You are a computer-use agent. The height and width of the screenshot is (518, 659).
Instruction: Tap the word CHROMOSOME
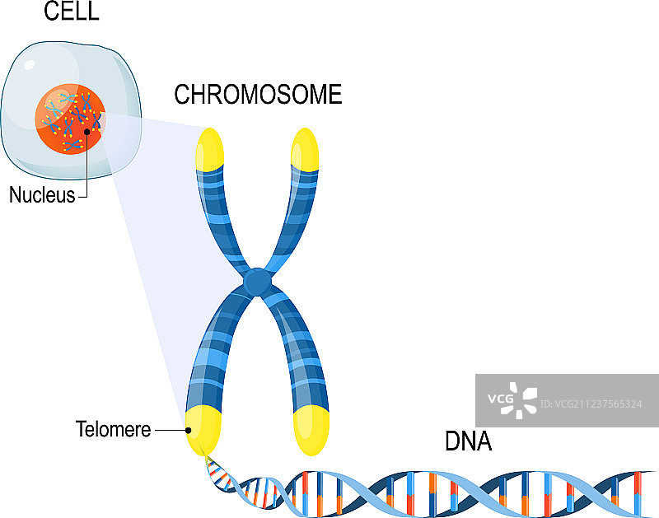tap(258, 96)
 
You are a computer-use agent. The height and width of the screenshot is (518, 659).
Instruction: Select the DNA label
tap(468, 441)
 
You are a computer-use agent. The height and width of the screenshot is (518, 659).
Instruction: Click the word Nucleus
tap(42, 195)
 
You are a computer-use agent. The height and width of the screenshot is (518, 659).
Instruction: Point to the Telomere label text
tap(113, 429)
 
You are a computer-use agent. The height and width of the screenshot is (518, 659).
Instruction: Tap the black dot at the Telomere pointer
tap(189, 430)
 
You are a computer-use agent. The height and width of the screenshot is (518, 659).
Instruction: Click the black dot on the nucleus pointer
tap(86, 130)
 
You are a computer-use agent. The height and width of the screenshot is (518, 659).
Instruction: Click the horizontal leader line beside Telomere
tap(170, 430)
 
